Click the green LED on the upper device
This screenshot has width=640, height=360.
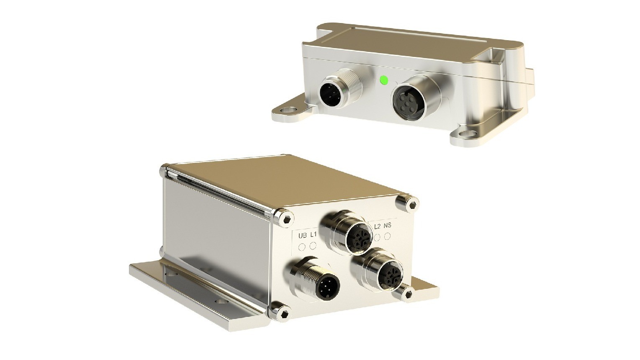click(x=383, y=80)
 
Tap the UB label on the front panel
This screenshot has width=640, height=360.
click(x=303, y=236)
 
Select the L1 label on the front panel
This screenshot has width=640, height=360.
click(x=314, y=235)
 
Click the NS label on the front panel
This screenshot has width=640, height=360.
click(x=388, y=226)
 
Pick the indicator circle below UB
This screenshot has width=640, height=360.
click(x=302, y=247)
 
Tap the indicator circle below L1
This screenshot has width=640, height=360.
click(x=314, y=245)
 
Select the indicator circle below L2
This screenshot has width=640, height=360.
click(x=377, y=237)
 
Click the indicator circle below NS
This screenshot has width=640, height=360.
click(x=388, y=236)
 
